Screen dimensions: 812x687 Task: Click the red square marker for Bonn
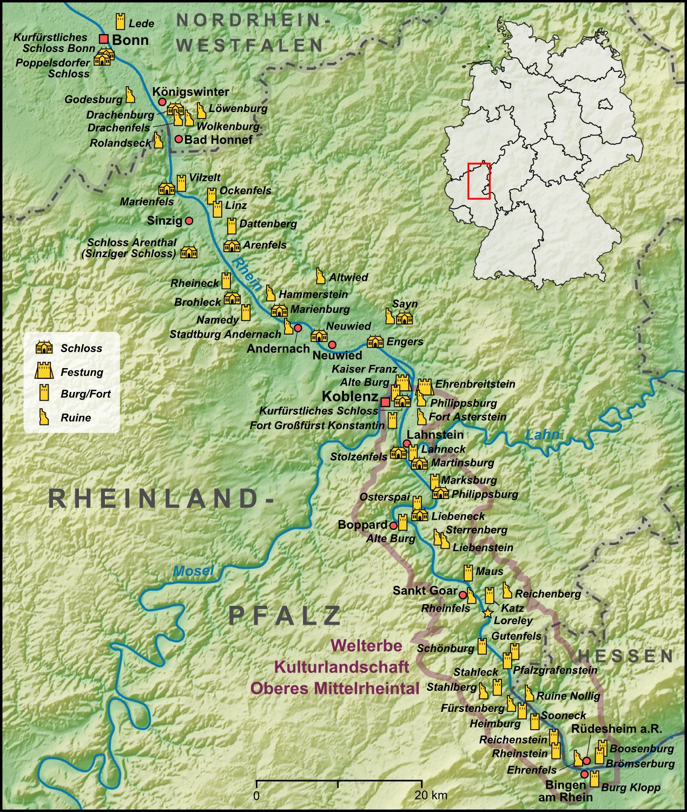click(x=104, y=39)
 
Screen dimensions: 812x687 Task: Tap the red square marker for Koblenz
click(x=385, y=402)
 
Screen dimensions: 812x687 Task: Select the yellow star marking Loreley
click(x=487, y=613)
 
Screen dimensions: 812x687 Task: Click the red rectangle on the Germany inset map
click(x=479, y=181)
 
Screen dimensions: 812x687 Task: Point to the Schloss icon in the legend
click(x=44, y=348)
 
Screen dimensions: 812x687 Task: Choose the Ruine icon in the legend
click(x=43, y=417)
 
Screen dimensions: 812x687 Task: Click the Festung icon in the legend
click(x=44, y=371)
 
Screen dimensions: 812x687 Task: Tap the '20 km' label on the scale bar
click(x=431, y=795)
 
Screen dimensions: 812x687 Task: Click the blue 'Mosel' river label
click(x=193, y=571)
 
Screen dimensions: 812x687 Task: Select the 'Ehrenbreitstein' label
click(x=475, y=384)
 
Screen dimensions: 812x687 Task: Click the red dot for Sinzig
click(x=189, y=221)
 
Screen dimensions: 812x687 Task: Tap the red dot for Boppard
click(x=393, y=525)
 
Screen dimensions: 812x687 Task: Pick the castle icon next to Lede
click(x=120, y=22)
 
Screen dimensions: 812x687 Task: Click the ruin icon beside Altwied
click(x=320, y=276)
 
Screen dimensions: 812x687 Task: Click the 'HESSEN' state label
click(x=625, y=656)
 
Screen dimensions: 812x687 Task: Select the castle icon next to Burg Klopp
click(x=594, y=779)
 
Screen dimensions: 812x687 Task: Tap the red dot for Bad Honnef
click(x=179, y=139)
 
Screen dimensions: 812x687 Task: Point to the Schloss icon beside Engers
click(x=375, y=342)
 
